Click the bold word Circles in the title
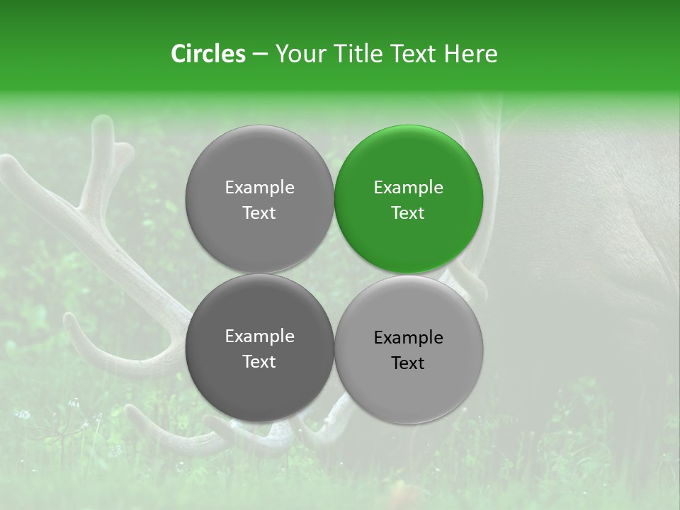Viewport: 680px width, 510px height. point(208,54)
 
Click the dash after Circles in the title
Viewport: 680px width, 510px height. point(260,55)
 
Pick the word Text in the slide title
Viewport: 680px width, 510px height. point(415,54)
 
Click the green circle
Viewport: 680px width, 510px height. point(408,199)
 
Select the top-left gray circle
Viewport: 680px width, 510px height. point(259,199)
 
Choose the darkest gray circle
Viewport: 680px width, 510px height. point(259,348)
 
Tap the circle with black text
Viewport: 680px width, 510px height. point(408,349)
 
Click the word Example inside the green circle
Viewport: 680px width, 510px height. point(408,187)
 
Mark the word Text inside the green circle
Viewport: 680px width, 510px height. point(408,212)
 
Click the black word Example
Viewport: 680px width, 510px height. point(408,337)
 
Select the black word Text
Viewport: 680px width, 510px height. point(408,363)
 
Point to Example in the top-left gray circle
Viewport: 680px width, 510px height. point(259,187)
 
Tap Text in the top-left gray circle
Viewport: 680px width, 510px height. point(259,212)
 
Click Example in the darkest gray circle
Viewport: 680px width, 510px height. point(259,336)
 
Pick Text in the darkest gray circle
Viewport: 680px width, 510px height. point(259,361)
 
